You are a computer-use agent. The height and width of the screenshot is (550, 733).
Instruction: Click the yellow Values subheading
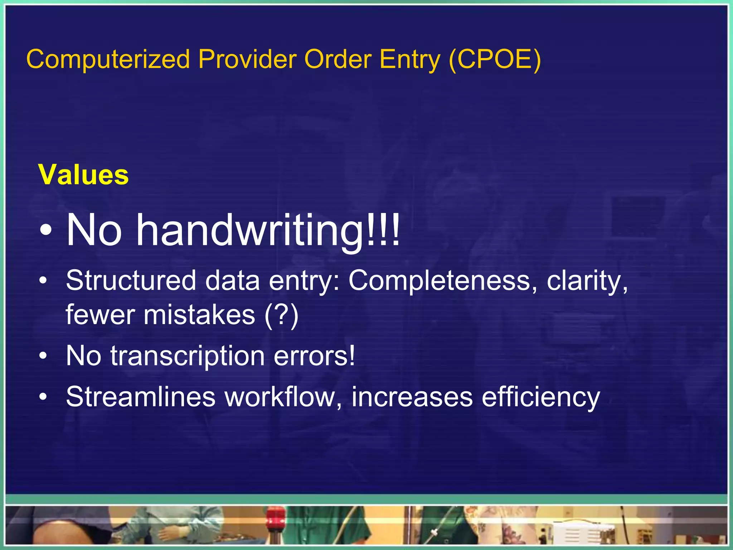[83, 175]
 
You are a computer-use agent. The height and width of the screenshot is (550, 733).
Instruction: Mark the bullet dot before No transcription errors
[43, 356]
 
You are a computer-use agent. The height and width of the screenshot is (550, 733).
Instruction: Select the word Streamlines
[141, 397]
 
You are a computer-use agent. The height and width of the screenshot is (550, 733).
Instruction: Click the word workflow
[283, 397]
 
